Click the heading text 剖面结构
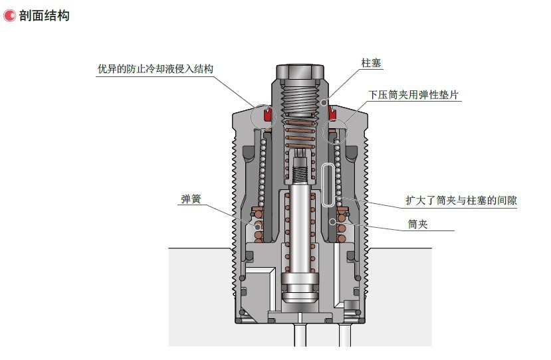pyautogui.click(x=45, y=16)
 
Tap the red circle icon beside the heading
pyautogui.click(x=9, y=16)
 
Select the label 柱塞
pyautogui.click(x=371, y=63)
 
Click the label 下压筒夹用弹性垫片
pyautogui.click(x=413, y=95)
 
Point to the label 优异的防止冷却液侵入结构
pyautogui.click(x=156, y=69)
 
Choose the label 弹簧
pyautogui.click(x=191, y=199)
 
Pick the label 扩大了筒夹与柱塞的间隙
pyautogui.click(x=461, y=201)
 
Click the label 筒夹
pyautogui.click(x=417, y=224)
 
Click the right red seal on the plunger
pyautogui.click(x=332, y=114)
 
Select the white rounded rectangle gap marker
pyautogui.click(x=329, y=185)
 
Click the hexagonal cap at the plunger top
pyautogui.click(x=300, y=72)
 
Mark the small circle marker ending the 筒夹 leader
pyautogui.click(x=332, y=222)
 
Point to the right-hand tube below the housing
pyautogui.click(x=345, y=335)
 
